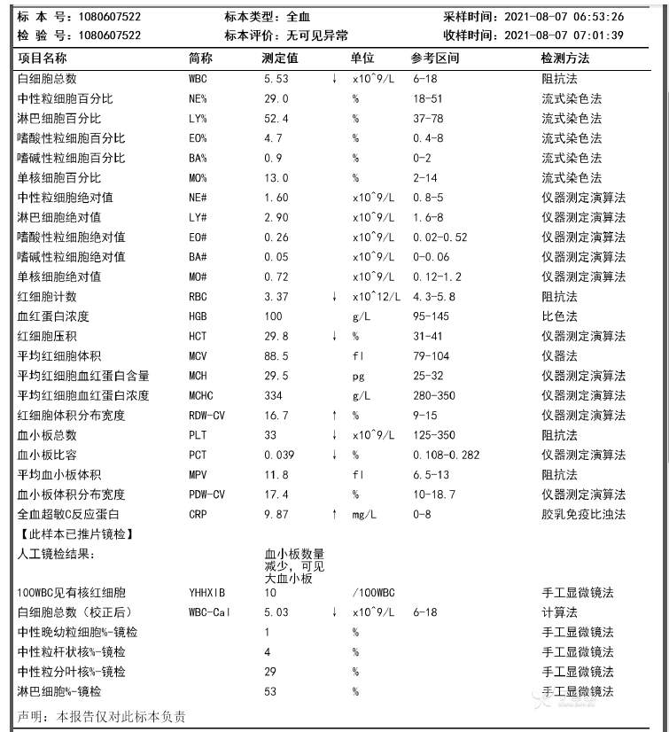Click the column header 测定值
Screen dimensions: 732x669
click(x=280, y=58)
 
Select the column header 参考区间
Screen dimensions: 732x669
click(x=435, y=58)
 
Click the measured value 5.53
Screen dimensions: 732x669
click(x=276, y=79)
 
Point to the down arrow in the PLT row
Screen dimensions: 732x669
click(x=334, y=435)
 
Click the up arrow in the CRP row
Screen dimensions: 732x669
click(x=334, y=514)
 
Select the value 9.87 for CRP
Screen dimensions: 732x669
click(x=276, y=514)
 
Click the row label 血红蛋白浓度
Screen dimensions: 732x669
click(x=53, y=316)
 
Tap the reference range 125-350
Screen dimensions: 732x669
click(x=434, y=435)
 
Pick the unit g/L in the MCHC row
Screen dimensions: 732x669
click(x=361, y=395)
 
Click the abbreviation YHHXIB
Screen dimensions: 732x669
click(x=207, y=592)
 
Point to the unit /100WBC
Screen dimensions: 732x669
click(x=373, y=592)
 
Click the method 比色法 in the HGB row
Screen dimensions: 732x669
click(x=559, y=316)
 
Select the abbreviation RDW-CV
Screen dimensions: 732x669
click(x=207, y=416)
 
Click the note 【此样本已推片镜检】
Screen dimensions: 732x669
click(x=77, y=533)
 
